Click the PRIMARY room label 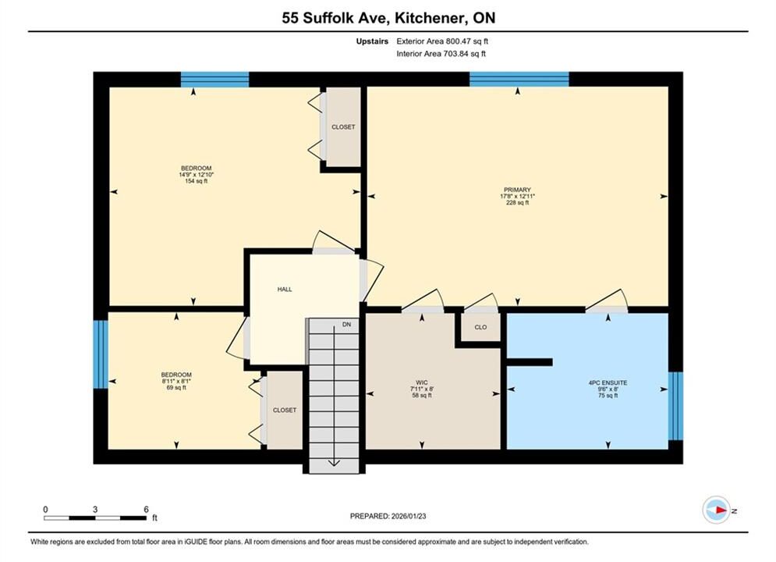[517, 190]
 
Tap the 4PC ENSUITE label [608, 382]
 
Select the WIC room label [422, 382]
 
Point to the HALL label [285, 289]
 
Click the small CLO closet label [480, 327]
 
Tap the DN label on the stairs [346, 325]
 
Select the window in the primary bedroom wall [519, 79]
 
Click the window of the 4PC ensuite [675, 406]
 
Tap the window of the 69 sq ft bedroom [101, 354]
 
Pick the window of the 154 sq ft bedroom [214, 79]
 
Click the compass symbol [717, 510]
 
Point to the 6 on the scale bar [146, 509]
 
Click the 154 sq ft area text [196, 181]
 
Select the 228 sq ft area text [517, 202]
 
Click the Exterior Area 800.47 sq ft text [442, 41]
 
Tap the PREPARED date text [388, 516]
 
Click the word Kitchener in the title [430, 18]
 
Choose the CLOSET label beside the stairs [285, 410]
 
